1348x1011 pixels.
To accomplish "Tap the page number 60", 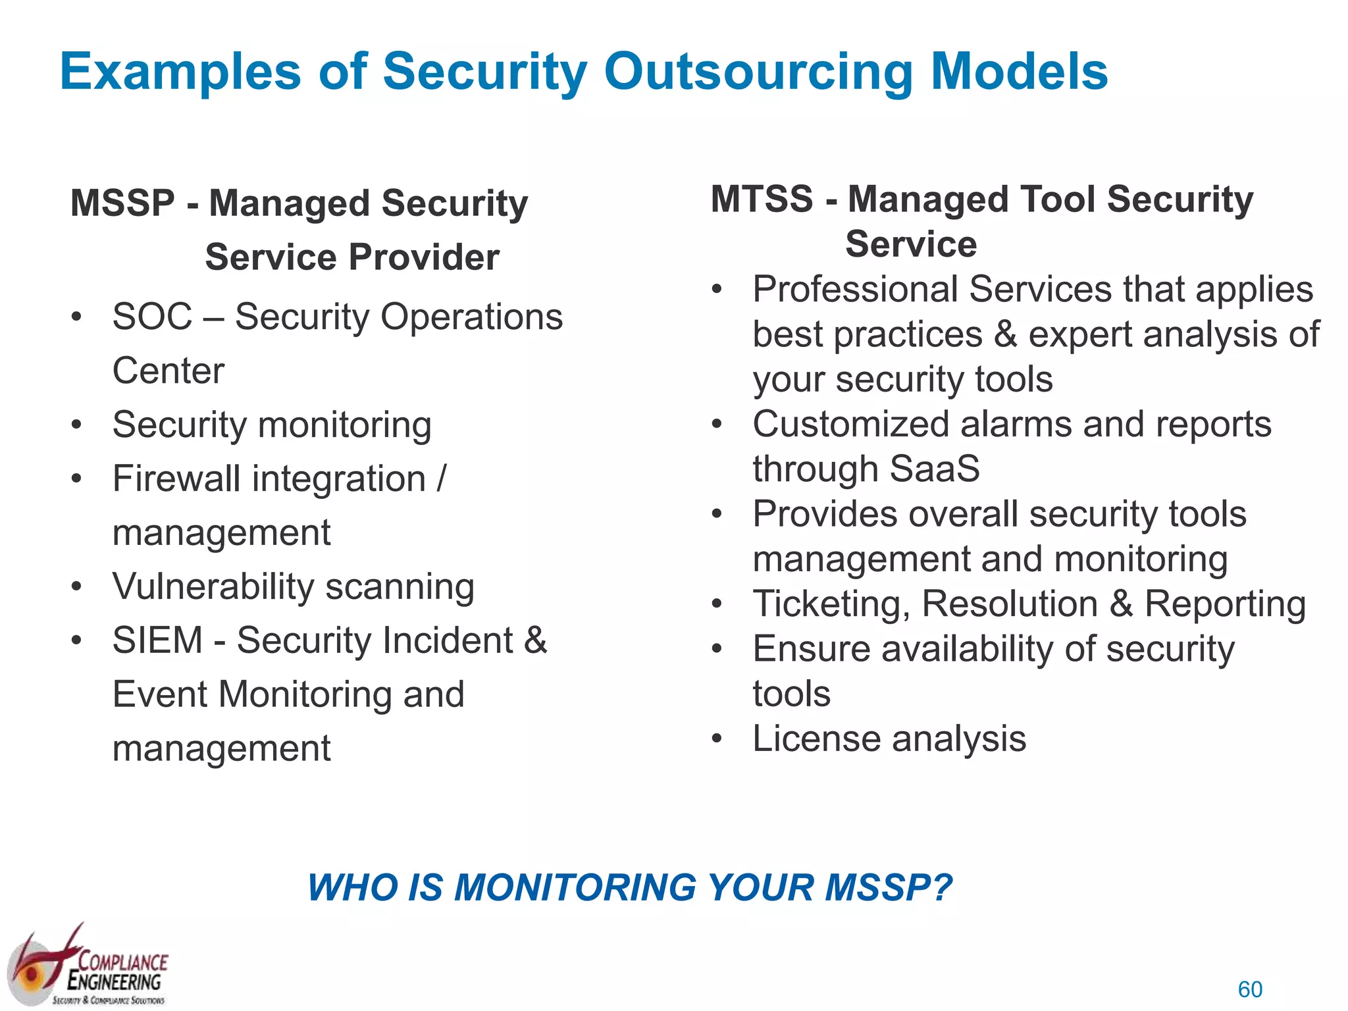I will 1250,989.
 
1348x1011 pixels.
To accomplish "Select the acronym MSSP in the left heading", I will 122,203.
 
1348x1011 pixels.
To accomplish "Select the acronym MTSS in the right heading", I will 762,199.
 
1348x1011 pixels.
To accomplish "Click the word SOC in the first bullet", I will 152,317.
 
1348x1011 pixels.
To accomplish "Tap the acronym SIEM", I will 157,640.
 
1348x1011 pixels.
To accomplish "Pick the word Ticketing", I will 831,604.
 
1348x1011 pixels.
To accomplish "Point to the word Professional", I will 855,290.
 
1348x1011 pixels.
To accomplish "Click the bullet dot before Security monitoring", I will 77,425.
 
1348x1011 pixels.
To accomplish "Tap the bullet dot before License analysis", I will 717,739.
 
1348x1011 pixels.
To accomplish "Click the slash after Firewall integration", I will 441,479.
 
